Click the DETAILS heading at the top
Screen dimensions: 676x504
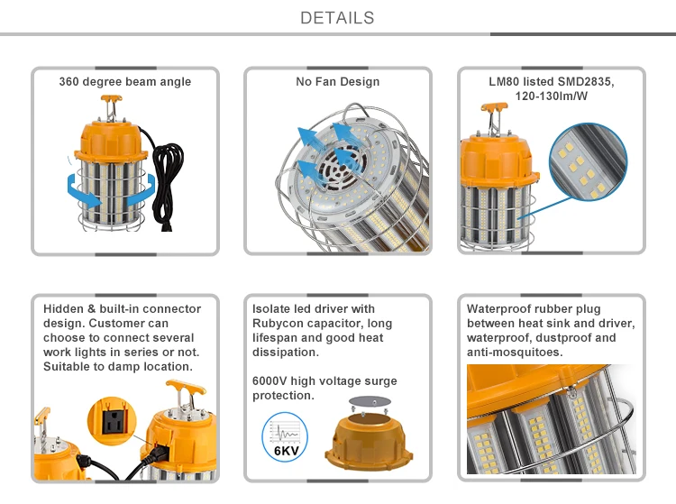(x=337, y=18)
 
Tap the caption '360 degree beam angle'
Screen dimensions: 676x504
(x=125, y=82)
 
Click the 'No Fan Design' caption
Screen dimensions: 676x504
(x=337, y=82)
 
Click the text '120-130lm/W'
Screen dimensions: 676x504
(x=551, y=96)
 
